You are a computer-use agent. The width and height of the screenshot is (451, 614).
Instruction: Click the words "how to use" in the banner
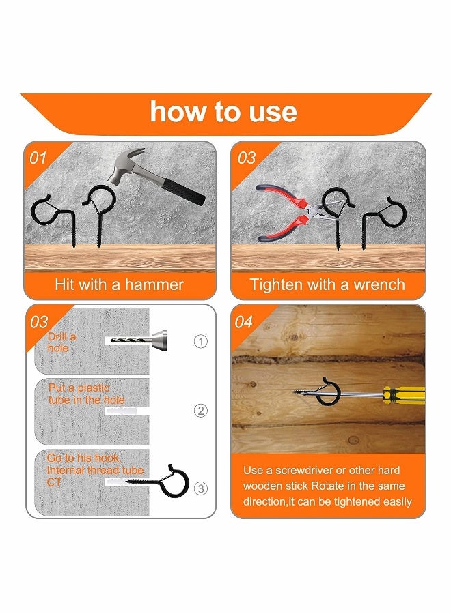pos(223,112)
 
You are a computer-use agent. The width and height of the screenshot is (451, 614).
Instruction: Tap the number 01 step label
pos(39,158)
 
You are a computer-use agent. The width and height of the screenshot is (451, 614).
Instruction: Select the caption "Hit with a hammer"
pos(120,284)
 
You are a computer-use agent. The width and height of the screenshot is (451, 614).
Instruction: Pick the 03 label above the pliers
pos(246,158)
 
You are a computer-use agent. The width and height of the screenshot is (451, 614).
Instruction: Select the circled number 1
pos(200,341)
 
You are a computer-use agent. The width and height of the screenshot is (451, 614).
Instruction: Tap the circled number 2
pos(200,411)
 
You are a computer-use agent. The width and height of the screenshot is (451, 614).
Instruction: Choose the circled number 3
pos(200,488)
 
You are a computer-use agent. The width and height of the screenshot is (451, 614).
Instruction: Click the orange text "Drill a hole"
pos(61,342)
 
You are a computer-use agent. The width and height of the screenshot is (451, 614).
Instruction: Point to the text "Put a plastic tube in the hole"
pos(86,394)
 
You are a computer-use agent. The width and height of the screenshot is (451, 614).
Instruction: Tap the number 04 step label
pos(244,322)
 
